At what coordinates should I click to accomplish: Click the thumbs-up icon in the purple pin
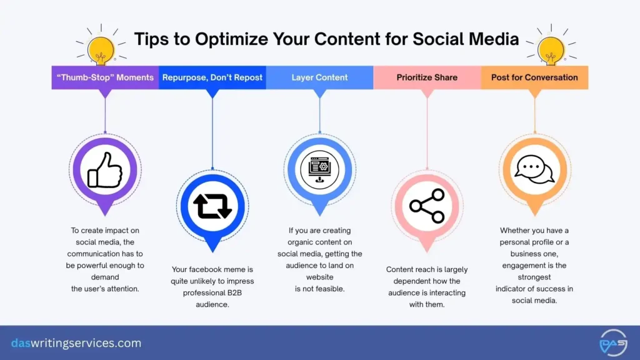105,169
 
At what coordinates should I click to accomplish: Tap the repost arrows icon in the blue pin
212,206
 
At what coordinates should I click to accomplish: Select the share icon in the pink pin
427,206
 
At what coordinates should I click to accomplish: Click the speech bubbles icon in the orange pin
534,169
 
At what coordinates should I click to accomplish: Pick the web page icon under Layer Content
319,169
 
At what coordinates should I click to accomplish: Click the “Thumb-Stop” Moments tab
105,77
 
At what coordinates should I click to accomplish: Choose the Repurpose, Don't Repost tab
212,77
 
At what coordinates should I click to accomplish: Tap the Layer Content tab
319,77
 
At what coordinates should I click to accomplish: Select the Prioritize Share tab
427,77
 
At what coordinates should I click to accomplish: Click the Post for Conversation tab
534,77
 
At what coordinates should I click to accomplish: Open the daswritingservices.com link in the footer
76,343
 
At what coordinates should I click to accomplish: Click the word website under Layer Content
319,277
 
